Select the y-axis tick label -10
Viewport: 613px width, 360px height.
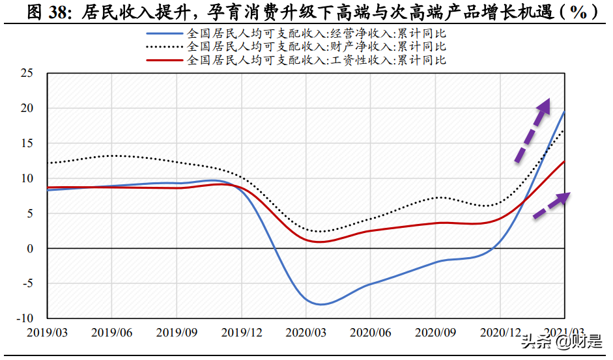[x=24, y=318]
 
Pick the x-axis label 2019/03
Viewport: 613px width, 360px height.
[x=47, y=332]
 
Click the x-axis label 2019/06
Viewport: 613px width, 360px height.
[x=111, y=332]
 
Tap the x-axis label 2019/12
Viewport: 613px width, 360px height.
[x=241, y=332]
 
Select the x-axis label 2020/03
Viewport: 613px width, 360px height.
[x=306, y=332]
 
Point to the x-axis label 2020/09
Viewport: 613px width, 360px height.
[x=435, y=332]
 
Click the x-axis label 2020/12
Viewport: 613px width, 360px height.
[x=500, y=332]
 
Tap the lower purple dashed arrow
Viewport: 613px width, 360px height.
[x=551, y=205]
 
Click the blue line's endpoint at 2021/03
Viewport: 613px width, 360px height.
[x=564, y=112]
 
